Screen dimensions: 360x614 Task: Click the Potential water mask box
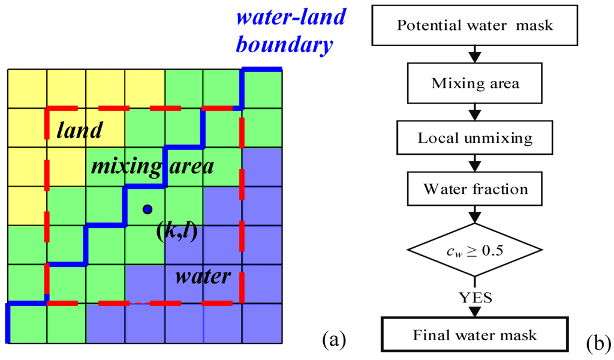(x=475, y=26)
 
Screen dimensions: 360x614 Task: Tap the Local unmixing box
(x=475, y=137)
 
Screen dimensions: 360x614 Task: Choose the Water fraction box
(x=475, y=190)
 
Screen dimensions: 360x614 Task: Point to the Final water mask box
(x=475, y=334)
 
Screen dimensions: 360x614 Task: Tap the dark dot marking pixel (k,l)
(x=147, y=209)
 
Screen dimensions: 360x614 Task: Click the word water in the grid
(x=203, y=277)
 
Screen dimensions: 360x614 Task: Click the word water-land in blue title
(x=291, y=17)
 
